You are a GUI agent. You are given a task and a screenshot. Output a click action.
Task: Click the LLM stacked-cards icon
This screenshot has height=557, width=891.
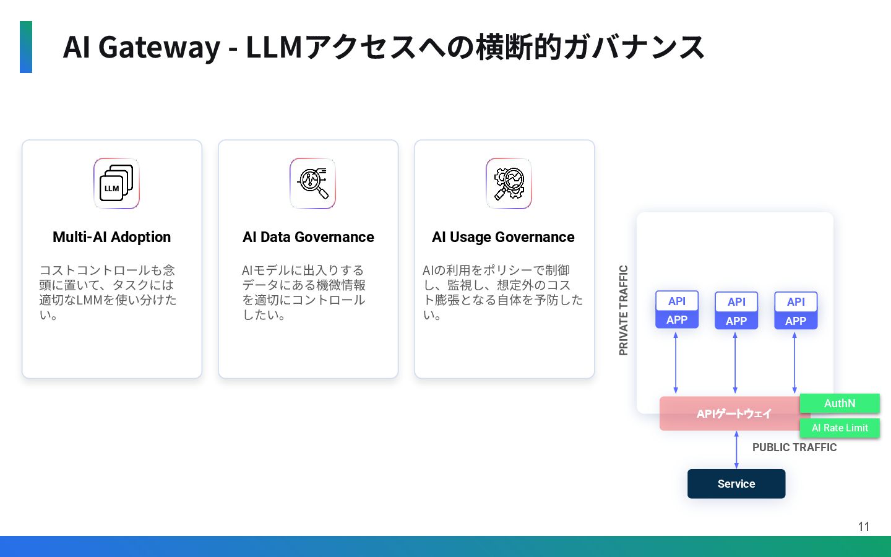pos(116,184)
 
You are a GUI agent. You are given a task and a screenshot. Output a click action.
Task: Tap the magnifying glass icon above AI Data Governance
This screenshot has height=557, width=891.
pos(312,184)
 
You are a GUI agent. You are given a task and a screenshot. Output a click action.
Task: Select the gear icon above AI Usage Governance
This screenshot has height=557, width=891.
pos(509,184)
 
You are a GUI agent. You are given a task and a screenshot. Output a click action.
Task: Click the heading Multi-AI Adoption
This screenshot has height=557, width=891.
pos(112,237)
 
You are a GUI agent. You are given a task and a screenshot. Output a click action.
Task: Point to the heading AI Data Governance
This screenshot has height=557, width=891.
pos(308,237)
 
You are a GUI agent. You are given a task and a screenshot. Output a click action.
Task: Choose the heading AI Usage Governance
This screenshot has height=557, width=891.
pos(503,237)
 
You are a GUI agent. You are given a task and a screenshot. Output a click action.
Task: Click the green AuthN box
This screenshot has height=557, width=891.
pos(840,404)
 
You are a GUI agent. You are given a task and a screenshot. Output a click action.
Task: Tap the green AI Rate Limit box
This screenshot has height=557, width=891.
pos(840,428)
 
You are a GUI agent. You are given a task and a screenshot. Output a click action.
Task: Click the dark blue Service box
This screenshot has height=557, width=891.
pos(736,484)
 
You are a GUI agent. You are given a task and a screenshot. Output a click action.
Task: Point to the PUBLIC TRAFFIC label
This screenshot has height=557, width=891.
pos(794,447)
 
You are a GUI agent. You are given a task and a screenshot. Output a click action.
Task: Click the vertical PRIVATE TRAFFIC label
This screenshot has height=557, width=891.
pos(624,310)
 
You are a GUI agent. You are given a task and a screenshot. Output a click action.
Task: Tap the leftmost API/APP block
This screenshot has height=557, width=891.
pos(677,310)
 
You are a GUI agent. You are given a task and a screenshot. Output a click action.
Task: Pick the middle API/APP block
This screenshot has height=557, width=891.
pos(736,311)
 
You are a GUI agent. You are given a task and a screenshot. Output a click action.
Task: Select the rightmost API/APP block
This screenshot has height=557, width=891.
pos(796,311)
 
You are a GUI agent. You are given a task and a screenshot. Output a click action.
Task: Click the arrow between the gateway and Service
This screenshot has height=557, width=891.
pos(736,450)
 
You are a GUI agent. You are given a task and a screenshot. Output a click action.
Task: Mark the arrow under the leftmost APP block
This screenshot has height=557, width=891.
pos(676,363)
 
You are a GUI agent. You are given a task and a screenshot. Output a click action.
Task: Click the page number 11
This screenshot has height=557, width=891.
pos(864,527)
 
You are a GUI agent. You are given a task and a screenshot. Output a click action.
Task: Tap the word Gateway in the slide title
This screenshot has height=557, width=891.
pos(159,47)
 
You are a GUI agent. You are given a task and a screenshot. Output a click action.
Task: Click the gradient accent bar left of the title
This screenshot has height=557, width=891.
pos(26,47)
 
